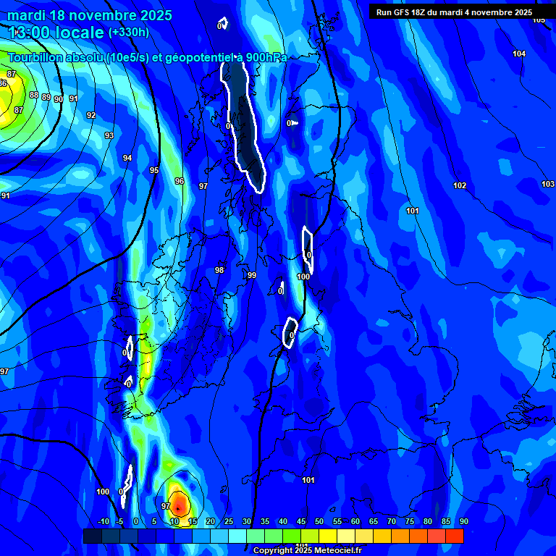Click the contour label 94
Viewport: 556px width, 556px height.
(127, 158)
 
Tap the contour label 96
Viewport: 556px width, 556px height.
(180, 181)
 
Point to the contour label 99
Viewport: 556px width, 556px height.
(251, 275)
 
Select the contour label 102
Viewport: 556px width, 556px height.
(460, 186)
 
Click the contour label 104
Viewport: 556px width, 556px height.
(519, 54)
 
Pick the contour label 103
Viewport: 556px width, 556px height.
(548, 184)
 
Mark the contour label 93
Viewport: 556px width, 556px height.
(109, 135)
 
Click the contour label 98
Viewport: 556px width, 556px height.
(219, 270)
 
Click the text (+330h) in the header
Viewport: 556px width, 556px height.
(129, 33)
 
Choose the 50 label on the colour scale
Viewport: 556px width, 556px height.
(319, 522)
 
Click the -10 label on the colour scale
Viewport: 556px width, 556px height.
(103, 522)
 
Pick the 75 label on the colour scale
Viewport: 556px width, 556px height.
(410, 522)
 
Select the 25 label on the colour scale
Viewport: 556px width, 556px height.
(228, 522)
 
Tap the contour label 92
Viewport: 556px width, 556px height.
(90, 115)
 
